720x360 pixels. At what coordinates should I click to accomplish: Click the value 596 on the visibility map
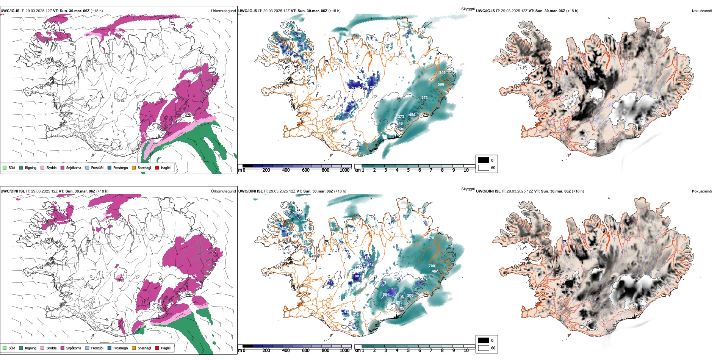(441, 85)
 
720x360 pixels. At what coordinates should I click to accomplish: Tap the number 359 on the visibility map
(442, 73)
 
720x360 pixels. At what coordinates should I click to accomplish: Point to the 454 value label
(412, 115)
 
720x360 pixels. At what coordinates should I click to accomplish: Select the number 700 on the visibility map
(432, 266)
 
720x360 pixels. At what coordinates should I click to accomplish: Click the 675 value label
(431, 238)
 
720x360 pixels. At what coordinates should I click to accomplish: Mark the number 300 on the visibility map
(410, 296)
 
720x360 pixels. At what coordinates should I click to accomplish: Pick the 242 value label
(370, 265)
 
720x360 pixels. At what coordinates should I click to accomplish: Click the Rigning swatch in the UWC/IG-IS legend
(21, 167)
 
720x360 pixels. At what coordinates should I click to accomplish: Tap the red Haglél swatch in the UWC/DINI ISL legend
(157, 348)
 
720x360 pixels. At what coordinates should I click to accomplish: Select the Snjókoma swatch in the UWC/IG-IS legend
(63, 167)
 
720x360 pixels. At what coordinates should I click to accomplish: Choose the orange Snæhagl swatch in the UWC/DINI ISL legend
(134, 348)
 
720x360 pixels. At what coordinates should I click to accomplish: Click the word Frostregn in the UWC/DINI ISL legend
(121, 348)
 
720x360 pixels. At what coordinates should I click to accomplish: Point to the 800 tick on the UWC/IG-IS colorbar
(326, 170)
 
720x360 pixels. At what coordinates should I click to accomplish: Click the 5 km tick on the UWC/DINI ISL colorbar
(408, 351)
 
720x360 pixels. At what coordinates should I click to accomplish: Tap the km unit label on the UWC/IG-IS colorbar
(357, 170)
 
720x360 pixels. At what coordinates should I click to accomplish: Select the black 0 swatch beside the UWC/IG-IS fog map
(484, 160)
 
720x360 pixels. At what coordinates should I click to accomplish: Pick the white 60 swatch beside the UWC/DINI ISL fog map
(484, 348)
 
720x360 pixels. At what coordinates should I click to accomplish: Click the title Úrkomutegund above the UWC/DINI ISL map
(223, 191)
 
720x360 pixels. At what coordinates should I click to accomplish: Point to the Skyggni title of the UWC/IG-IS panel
(468, 9)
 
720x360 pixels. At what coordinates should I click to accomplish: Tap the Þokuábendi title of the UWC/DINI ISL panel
(702, 191)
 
